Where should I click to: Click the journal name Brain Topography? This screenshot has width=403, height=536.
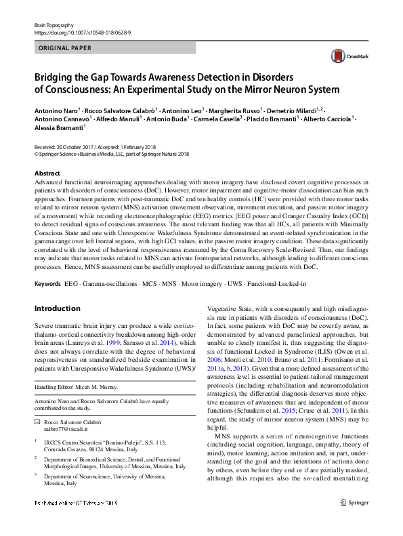(x=54, y=24)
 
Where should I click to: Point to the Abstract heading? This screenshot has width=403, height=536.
(x=46, y=173)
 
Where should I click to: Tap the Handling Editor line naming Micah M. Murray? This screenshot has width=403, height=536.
(x=80, y=387)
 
